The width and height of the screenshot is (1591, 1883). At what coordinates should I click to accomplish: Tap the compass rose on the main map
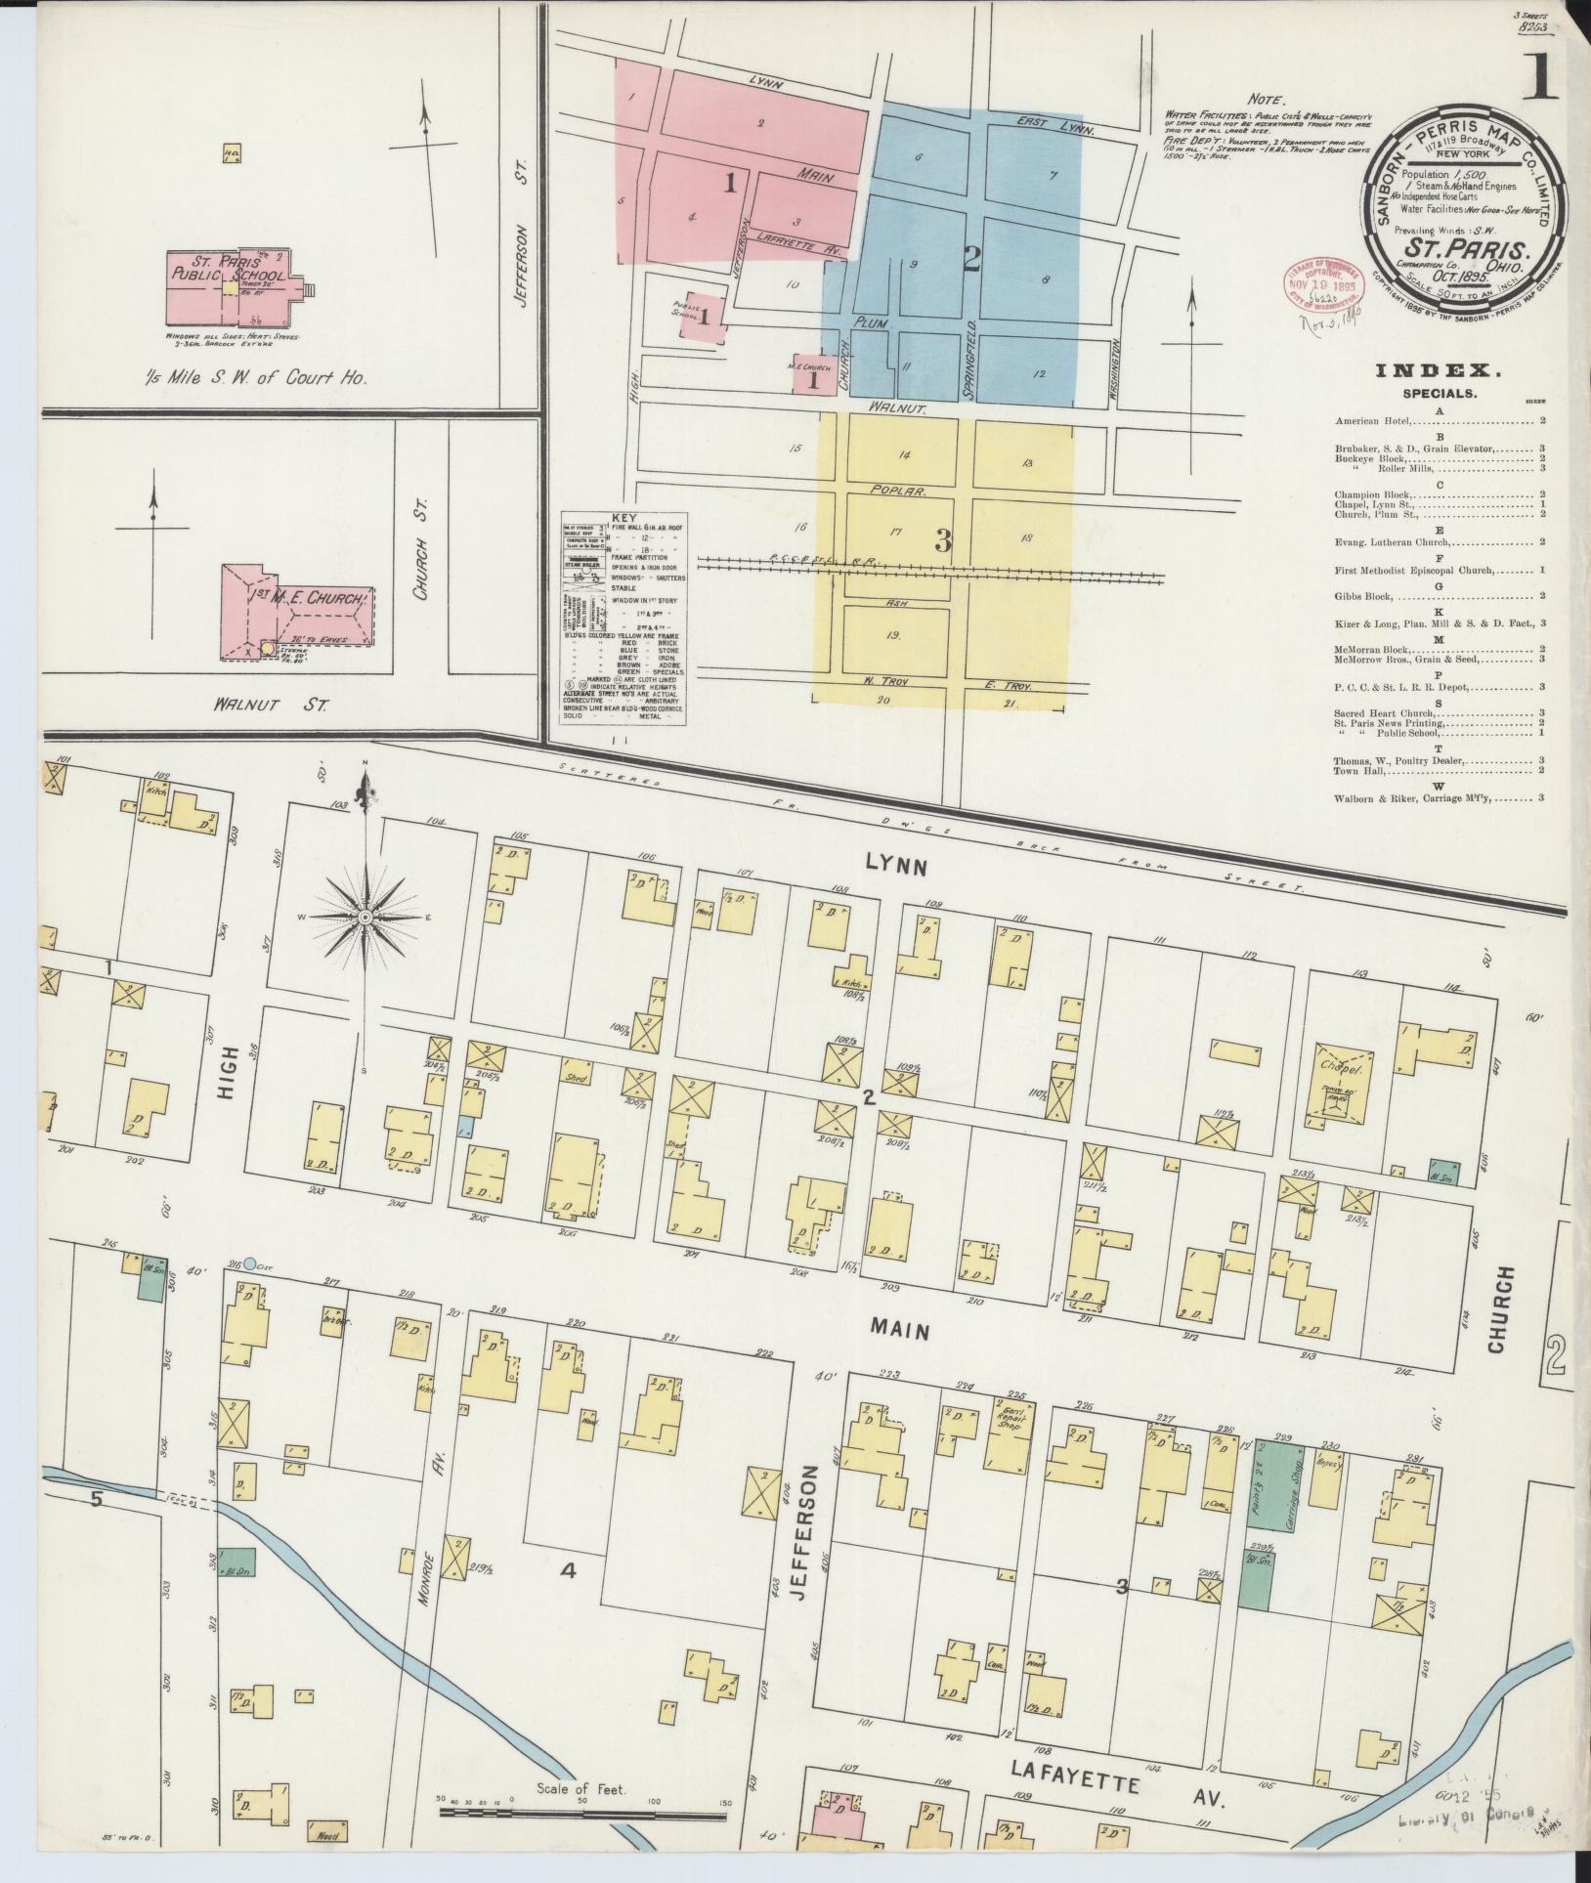365,918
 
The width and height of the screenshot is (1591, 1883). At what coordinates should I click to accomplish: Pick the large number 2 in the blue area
970,259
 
